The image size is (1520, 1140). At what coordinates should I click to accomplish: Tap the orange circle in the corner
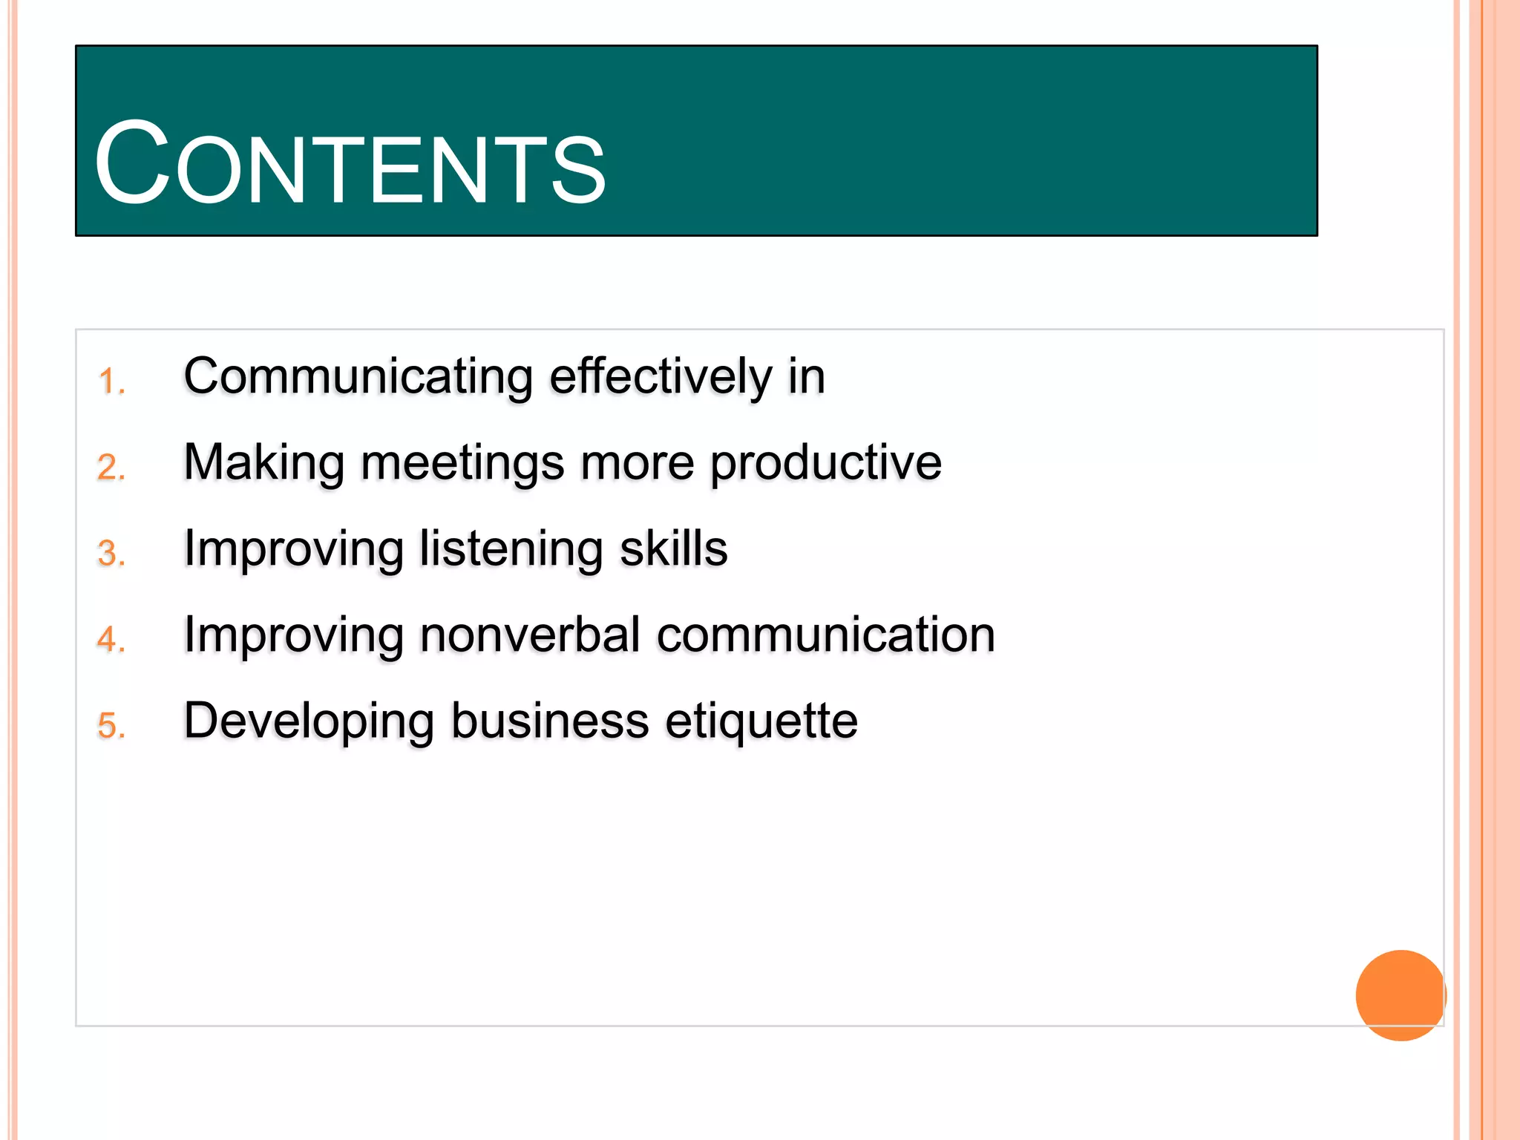coord(1400,995)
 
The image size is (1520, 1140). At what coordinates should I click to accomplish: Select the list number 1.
coord(111,381)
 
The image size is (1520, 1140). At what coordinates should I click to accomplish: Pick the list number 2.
coord(111,468)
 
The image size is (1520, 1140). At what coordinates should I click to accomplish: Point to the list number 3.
coord(111,554)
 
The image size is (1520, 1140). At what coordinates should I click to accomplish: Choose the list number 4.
coord(111,640)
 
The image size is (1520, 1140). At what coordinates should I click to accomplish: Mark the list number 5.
coord(111,726)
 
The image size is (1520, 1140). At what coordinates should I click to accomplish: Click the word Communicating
coord(358,377)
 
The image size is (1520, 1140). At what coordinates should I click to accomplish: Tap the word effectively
coord(661,377)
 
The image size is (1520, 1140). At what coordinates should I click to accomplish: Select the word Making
coord(263,463)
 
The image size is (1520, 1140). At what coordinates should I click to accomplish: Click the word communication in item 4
coord(825,635)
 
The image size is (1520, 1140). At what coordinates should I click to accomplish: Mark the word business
coord(549,721)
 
